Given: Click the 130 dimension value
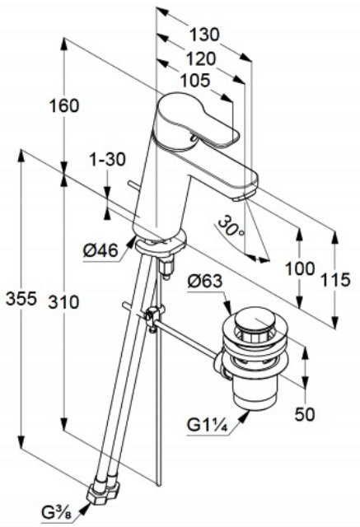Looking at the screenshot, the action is [204, 35].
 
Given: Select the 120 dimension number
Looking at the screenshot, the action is [201, 58].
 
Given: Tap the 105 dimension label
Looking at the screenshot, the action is [195, 81].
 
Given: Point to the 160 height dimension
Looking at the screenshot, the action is [64, 105].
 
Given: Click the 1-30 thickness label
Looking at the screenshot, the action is [107, 159].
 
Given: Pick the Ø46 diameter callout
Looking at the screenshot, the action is [101, 250].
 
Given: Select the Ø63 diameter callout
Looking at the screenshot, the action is [205, 282].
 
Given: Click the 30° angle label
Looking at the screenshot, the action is [231, 226].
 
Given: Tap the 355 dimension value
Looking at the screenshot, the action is [21, 298].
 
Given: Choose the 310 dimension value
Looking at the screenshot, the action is [63, 302].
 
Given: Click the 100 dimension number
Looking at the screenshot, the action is [301, 268].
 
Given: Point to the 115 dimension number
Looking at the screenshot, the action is [334, 280].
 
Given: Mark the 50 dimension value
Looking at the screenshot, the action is [305, 414].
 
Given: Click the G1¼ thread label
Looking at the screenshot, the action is [208, 426].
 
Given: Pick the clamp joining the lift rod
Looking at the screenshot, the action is [153, 316].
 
